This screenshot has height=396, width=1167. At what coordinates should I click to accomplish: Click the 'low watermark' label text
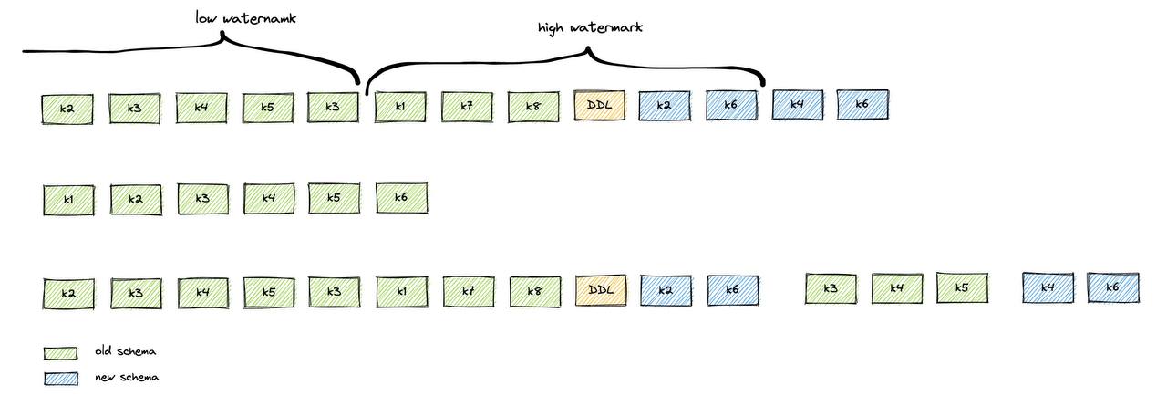coord(246,17)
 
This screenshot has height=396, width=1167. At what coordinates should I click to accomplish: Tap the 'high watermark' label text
coord(590,27)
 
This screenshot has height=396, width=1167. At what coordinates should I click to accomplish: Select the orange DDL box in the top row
coord(600,106)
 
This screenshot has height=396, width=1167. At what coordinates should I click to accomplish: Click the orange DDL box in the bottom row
coord(601,291)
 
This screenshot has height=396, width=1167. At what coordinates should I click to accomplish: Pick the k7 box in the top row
coord(467,107)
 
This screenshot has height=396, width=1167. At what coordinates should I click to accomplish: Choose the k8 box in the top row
coord(533,107)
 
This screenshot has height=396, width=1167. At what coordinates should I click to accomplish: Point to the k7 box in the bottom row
coord(468,292)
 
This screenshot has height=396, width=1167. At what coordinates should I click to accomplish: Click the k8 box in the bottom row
coord(534,292)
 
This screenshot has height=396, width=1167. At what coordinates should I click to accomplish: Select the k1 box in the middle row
coord(68,200)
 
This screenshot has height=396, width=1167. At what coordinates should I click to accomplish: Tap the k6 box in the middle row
coord(401,198)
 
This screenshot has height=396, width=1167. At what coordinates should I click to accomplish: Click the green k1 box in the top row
coord(400,107)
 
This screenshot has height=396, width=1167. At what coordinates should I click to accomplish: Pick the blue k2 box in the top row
coord(665,106)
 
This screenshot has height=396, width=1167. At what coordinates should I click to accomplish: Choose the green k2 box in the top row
coord(67,109)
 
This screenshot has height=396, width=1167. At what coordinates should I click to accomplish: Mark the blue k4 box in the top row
coord(797,105)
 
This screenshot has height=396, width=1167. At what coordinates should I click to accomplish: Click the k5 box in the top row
coord(268,109)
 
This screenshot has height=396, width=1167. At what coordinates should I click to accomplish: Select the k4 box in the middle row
coord(269,199)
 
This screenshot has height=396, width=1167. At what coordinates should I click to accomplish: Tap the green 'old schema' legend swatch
coord(60,353)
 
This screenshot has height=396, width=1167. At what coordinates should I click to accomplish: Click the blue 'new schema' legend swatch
coord(60,378)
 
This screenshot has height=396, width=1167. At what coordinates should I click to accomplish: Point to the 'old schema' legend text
coord(125,351)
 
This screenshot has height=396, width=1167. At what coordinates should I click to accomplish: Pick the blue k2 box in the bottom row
coord(666,291)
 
